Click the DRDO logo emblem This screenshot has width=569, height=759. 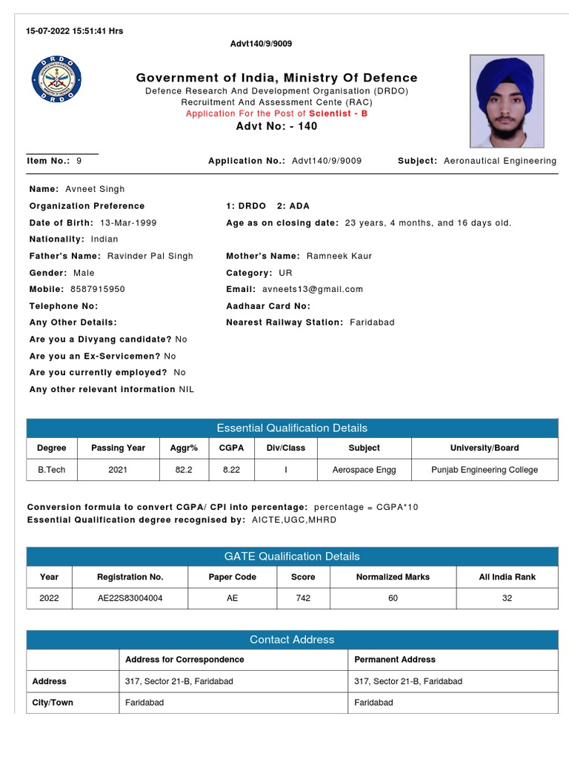tap(57, 79)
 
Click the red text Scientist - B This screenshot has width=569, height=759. tap(338, 113)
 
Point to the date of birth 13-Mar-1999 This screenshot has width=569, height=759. tap(127, 222)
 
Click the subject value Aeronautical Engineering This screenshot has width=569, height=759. tap(499, 161)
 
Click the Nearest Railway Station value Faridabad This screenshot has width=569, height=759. tap(372, 322)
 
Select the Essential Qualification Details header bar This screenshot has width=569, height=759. tap(292, 428)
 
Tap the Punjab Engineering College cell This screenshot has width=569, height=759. tap(485, 470)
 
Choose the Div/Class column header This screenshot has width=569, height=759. tap(285, 448)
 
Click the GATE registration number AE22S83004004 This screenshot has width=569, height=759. tap(130, 598)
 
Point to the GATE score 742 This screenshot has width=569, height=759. tap(303, 598)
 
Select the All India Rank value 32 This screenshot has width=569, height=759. tap(507, 598)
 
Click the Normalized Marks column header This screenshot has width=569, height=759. tap(393, 577)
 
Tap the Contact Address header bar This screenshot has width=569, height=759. tap(292, 640)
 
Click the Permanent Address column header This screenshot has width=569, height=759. tap(395, 659)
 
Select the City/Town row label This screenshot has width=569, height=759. tap(53, 702)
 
